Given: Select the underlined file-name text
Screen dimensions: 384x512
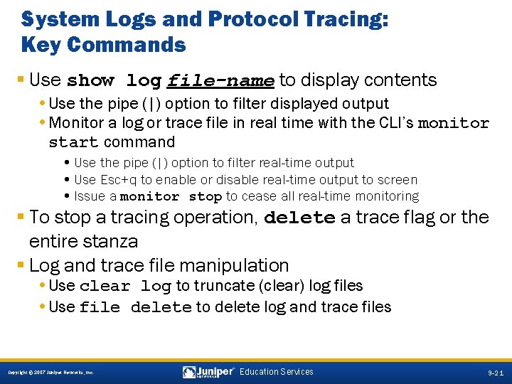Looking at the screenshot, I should (x=220, y=80).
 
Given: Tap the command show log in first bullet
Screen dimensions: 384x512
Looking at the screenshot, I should (x=114, y=80).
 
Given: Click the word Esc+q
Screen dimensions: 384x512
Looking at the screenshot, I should (x=117, y=180).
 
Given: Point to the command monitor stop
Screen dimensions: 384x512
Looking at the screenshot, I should (x=171, y=196).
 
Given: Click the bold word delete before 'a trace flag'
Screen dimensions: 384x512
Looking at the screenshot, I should (x=299, y=218).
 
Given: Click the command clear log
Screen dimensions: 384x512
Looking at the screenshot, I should (x=125, y=287).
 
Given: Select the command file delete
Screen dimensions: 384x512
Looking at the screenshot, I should (x=135, y=308).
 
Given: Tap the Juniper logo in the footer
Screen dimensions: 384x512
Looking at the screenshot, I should (x=208, y=372).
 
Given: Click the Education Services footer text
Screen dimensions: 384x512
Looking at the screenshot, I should (x=277, y=372).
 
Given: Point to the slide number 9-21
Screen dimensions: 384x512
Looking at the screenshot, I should (x=496, y=373).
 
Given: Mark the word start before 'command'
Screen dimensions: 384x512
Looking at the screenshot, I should (x=73, y=142).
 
